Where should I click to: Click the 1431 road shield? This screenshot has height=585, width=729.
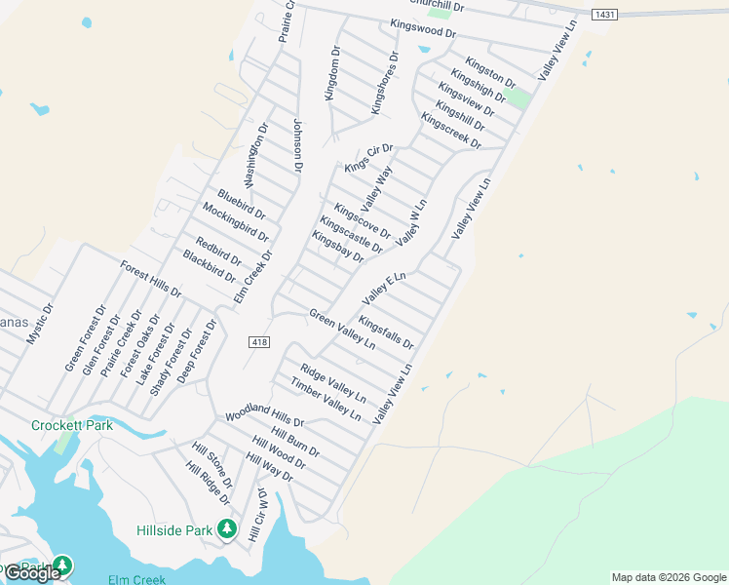[604, 15]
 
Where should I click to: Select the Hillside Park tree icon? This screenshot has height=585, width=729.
[227, 529]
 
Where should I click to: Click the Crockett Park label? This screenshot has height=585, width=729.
[72, 425]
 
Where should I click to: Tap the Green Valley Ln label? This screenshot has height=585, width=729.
[342, 330]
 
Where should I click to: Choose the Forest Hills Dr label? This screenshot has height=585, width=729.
[150, 279]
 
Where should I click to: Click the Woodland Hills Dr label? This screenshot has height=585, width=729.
[265, 416]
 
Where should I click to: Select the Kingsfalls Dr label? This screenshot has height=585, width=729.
[386, 332]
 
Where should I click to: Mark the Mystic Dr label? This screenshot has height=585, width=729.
[40, 323]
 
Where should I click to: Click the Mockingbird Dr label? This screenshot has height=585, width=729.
[234, 225]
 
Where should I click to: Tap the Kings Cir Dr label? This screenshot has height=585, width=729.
[368, 158]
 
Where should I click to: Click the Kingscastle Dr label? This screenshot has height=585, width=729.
[351, 234]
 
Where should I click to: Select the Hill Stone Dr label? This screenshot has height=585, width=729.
[211, 464]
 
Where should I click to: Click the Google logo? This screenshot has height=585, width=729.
[32, 573]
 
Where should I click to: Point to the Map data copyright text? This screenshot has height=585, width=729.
[669, 577]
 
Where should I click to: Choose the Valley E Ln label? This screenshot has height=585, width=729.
[383, 288]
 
